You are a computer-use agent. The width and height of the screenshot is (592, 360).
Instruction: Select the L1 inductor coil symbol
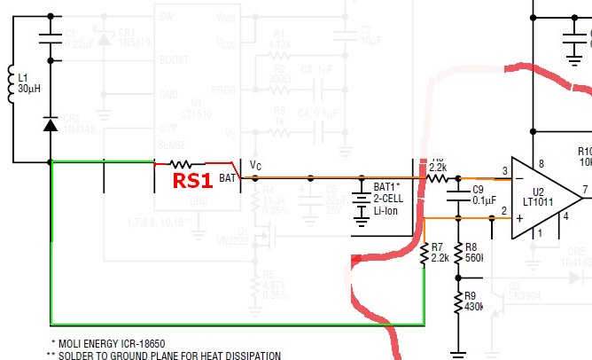point(13,84)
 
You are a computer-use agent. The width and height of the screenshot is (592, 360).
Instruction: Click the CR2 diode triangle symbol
point(51,126)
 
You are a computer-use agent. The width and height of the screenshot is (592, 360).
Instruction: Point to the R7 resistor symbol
point(425,253)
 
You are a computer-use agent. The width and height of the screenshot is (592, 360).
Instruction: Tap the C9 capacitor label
point(478,189)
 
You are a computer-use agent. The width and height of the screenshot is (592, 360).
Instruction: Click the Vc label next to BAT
point(256,166)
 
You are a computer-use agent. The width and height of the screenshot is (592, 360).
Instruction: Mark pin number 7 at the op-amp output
point(584,191)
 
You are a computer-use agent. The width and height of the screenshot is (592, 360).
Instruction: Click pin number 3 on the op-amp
point(506,170)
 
